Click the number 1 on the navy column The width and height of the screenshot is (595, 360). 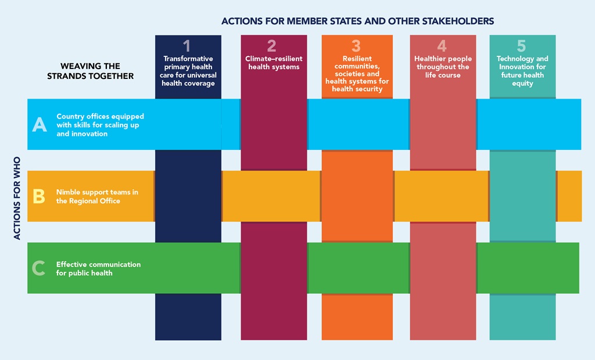coord(187,46)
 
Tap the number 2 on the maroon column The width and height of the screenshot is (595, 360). coord(271,46)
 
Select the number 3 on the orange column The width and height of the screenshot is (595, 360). coord(356,46)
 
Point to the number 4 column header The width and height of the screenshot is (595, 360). coord(442,46)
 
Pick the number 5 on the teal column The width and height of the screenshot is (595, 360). coord(521,46)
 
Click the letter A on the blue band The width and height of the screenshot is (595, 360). coord(40,124)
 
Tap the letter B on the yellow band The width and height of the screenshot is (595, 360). coord(39,196)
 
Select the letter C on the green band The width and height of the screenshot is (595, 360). coord(39,268)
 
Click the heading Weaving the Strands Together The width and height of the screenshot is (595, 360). coord(90,71)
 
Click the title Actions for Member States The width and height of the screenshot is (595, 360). coord(357,21)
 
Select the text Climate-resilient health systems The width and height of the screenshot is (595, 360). coord(274,63)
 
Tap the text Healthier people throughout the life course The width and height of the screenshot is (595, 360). coord(443,67)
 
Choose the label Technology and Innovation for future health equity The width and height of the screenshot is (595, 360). coord(522,71)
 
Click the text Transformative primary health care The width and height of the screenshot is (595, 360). coord(188,71)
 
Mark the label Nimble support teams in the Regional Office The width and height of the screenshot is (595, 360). coord(97,196)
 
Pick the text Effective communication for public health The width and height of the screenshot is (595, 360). coord(98,268)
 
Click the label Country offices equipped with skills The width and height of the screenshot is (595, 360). coord(100,125)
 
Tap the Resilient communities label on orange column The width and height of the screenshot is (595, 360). coord(356,74)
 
